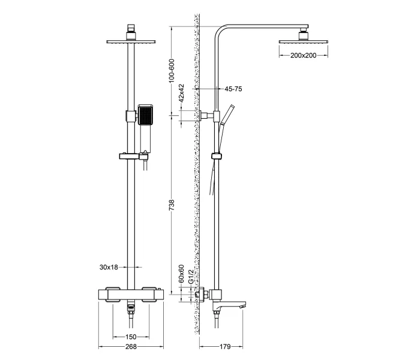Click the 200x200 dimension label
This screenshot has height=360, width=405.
(x=303, y=55)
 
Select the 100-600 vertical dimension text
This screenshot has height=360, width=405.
(x=172, y=70)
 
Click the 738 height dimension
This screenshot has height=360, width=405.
(x=172, y=205)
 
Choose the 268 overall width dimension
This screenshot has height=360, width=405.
(x=130, y=347)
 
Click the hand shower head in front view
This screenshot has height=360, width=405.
(x=146, y=115)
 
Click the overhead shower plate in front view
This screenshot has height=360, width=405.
(x=130, y=42)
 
